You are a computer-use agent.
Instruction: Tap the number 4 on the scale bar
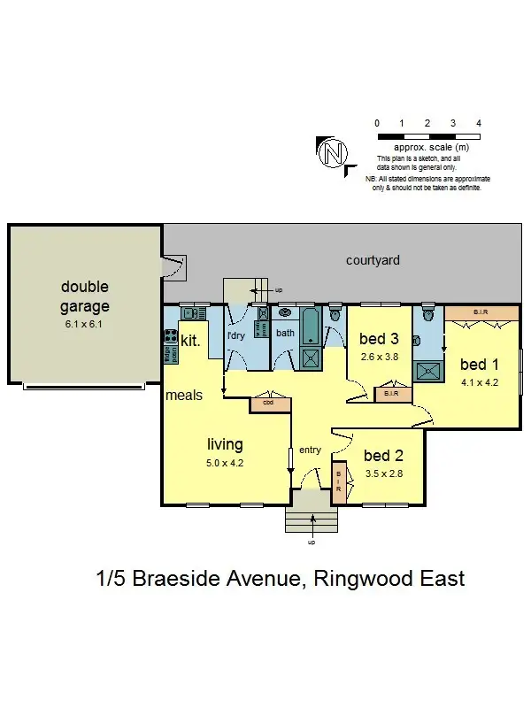[x=478, y=123]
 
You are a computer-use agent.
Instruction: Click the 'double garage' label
[x=85, y=296]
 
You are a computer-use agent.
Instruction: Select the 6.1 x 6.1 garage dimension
[x=85, y=325]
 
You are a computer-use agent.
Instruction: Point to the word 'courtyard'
[x=373, y=260]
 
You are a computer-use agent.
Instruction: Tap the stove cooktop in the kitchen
[x=170, y=335]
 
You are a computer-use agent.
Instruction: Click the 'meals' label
[x=184, y=396]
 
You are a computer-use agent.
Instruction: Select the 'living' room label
[x=225, y=444]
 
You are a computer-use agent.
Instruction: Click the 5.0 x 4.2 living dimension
[x=225, y=462]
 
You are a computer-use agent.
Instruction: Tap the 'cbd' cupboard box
[x=270, y=404]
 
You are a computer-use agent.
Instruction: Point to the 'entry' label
[x=310, y=450]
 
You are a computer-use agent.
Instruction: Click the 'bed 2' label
[x=383, y=456]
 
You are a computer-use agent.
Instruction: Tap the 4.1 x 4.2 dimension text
[x=481, y=383]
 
